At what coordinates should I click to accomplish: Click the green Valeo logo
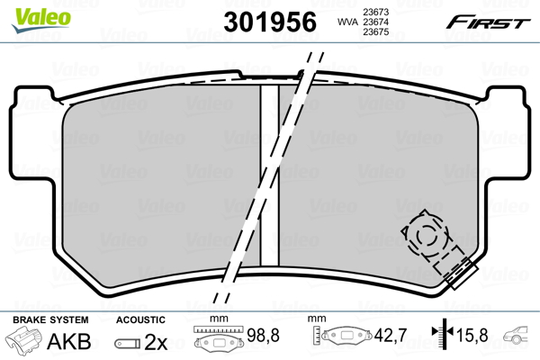[41, 20]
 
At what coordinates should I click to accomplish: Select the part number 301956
[270, 22]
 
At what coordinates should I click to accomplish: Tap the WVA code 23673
[376, 12]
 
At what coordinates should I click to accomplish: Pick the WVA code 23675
[376, 31]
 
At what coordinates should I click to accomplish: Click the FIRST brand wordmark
[489, 22]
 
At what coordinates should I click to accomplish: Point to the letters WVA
[347, 22]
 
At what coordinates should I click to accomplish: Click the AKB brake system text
[69, 341]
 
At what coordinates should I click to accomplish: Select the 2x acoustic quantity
[156, 342]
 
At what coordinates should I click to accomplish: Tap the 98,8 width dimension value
[263, 335]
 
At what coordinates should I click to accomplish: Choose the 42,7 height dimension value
[391, 335]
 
